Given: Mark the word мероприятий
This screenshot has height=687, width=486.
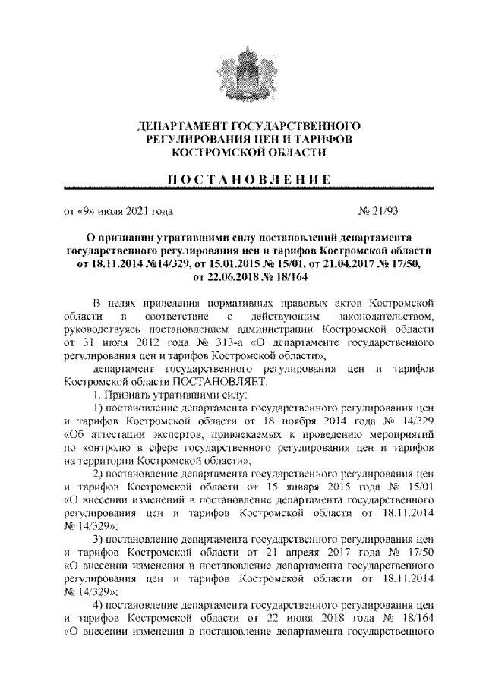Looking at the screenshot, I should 400,435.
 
